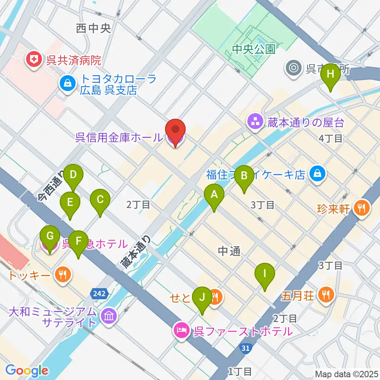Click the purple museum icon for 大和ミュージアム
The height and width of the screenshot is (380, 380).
coord(108,316)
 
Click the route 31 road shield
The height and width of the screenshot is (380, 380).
coord(245,348)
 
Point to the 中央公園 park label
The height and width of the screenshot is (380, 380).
coord(253,49)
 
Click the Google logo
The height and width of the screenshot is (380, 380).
coord(27,370)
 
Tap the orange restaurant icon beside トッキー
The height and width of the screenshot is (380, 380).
coord(62,274)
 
